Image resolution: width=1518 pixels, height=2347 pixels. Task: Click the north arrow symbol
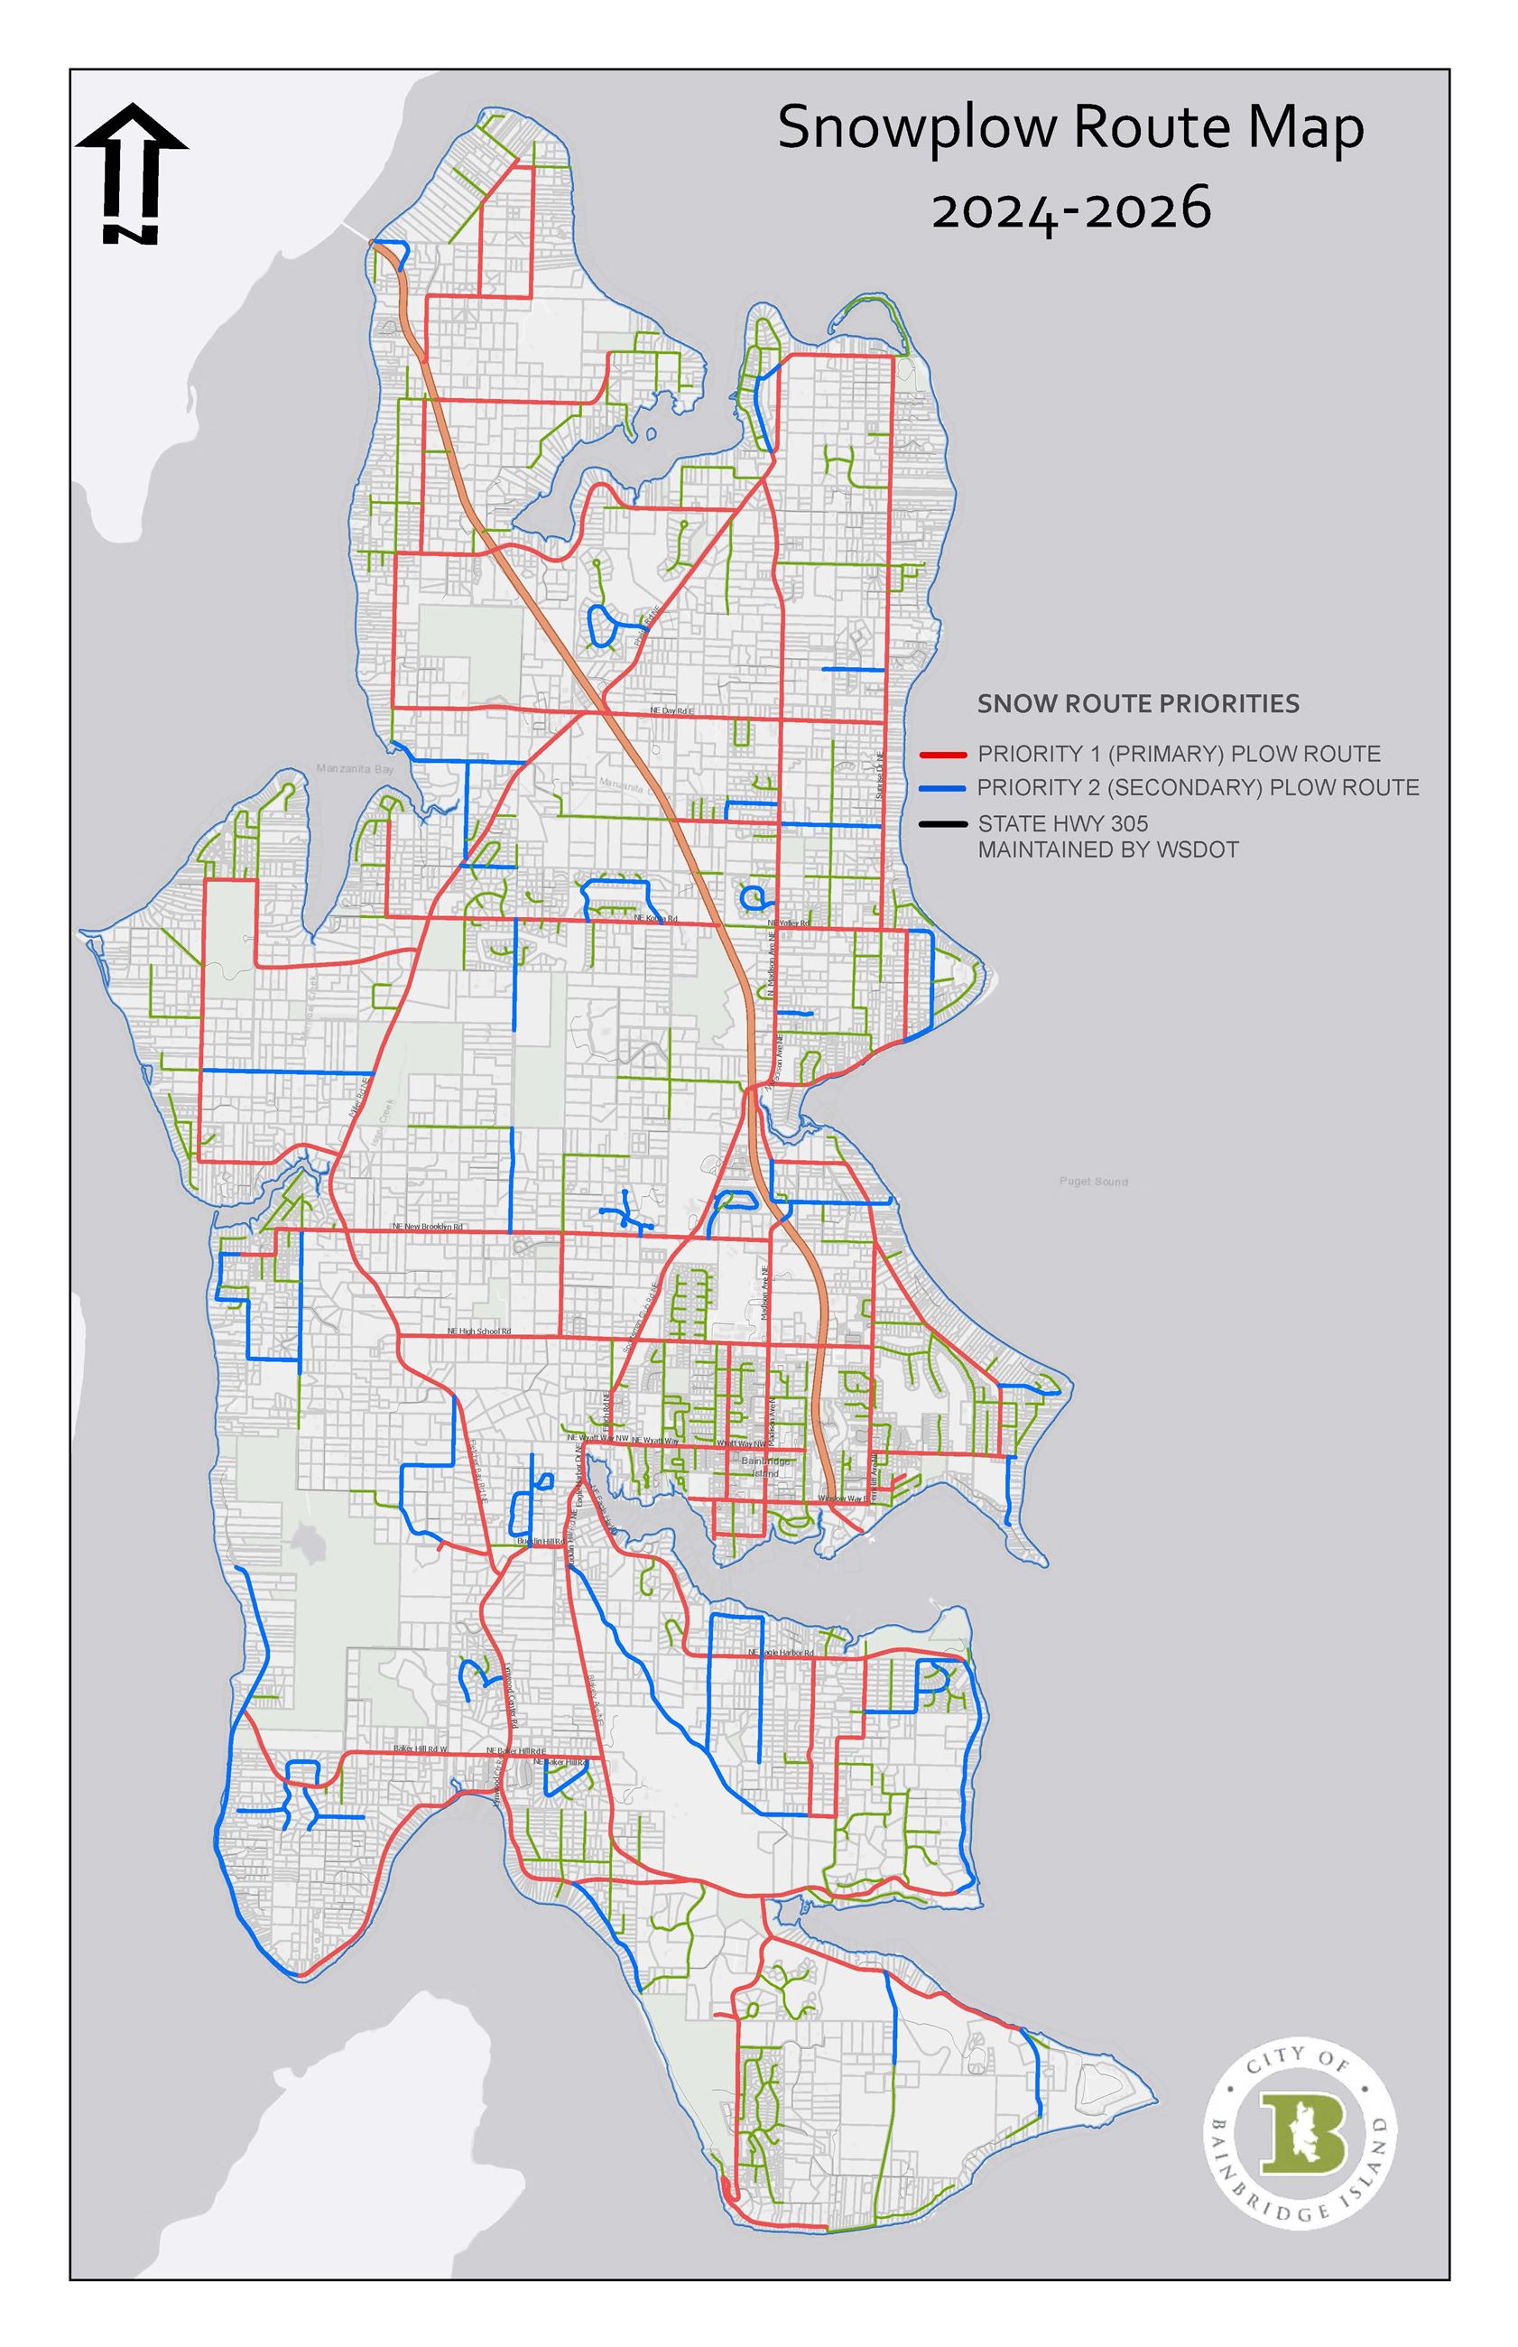[x=131, y=173]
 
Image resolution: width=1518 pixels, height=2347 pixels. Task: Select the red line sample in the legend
[x=940, y=755]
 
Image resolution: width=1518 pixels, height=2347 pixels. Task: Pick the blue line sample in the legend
[x=940, y=789]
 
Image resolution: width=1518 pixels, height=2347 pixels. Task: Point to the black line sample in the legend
[x=940, y=823]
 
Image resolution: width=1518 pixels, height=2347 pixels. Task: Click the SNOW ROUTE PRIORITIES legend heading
[x=1137, y=704]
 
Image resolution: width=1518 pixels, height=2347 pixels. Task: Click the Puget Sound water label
[x=1094, y=1181]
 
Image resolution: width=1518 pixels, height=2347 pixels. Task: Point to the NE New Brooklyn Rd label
[x=428, y=1226]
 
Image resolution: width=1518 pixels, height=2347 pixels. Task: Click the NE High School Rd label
[x=479, y=1331]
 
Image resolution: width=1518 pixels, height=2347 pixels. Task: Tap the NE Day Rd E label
[x=672, y=710]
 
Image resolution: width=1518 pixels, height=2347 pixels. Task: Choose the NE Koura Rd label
[x=656, y=919]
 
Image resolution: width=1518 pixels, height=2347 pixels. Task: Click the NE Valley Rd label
[x=789, y=923]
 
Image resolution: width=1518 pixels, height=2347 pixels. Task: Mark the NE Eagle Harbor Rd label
[x=781, y=1652]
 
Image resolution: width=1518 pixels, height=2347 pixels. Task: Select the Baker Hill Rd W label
[x=420, y=1749]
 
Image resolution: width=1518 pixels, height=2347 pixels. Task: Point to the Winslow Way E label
[x=842, y=1499]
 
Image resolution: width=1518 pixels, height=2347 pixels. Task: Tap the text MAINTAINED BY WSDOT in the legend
[x=1108, y=849]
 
